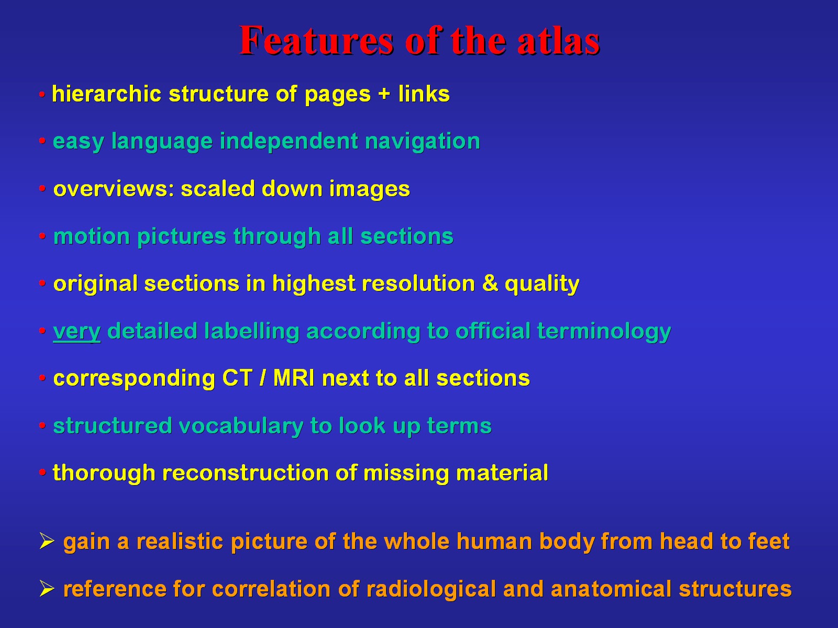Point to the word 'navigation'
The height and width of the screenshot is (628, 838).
click(x=422, y=142)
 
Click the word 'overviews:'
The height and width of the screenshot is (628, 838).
click(x=114, y=189)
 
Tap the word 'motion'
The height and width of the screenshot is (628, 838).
click(x=92, y=237)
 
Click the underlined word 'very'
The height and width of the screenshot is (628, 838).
click(x=77, y=332)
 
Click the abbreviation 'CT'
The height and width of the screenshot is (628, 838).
click(x=237, y=378)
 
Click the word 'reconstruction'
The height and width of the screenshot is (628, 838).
click(x=245, y=473)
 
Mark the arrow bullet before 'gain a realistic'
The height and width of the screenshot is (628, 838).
click(x=47, y=542)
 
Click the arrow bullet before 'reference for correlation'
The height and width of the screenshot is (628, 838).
click(x=47, y=589)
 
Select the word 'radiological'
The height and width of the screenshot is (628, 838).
click(x=431, y=589)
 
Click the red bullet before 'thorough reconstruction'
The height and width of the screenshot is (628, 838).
click(x=42, y=473)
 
